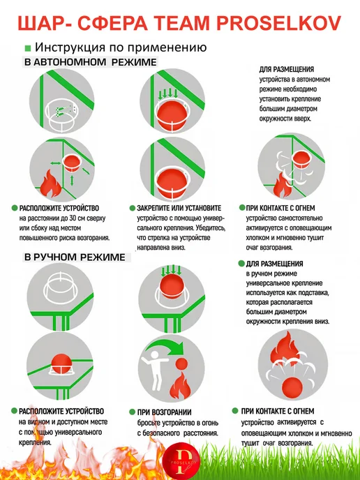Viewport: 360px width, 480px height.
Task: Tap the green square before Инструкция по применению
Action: (x=28, y=48)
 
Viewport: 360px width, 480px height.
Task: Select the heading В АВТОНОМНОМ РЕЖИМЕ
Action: (x=91, y=62)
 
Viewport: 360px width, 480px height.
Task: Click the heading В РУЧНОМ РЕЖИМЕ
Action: (x=75, y=257)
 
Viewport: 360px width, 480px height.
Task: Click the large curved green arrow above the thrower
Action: (x=165, y=345)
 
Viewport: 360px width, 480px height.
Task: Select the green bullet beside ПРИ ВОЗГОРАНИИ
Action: (x=133, y=412)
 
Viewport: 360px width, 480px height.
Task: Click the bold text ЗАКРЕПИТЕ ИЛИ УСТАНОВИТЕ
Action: (x=179, y=208)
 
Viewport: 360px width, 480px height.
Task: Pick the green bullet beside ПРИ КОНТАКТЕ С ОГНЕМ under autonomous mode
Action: (x=242, y=208)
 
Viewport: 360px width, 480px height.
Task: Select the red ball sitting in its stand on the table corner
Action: (x=61, y=362)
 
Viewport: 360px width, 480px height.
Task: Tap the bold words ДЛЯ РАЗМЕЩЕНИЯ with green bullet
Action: (x=274, y=264)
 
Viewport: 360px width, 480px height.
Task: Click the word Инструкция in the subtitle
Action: (x=70, y=47)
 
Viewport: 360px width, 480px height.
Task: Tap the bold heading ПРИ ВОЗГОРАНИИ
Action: (x=164, y=412)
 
